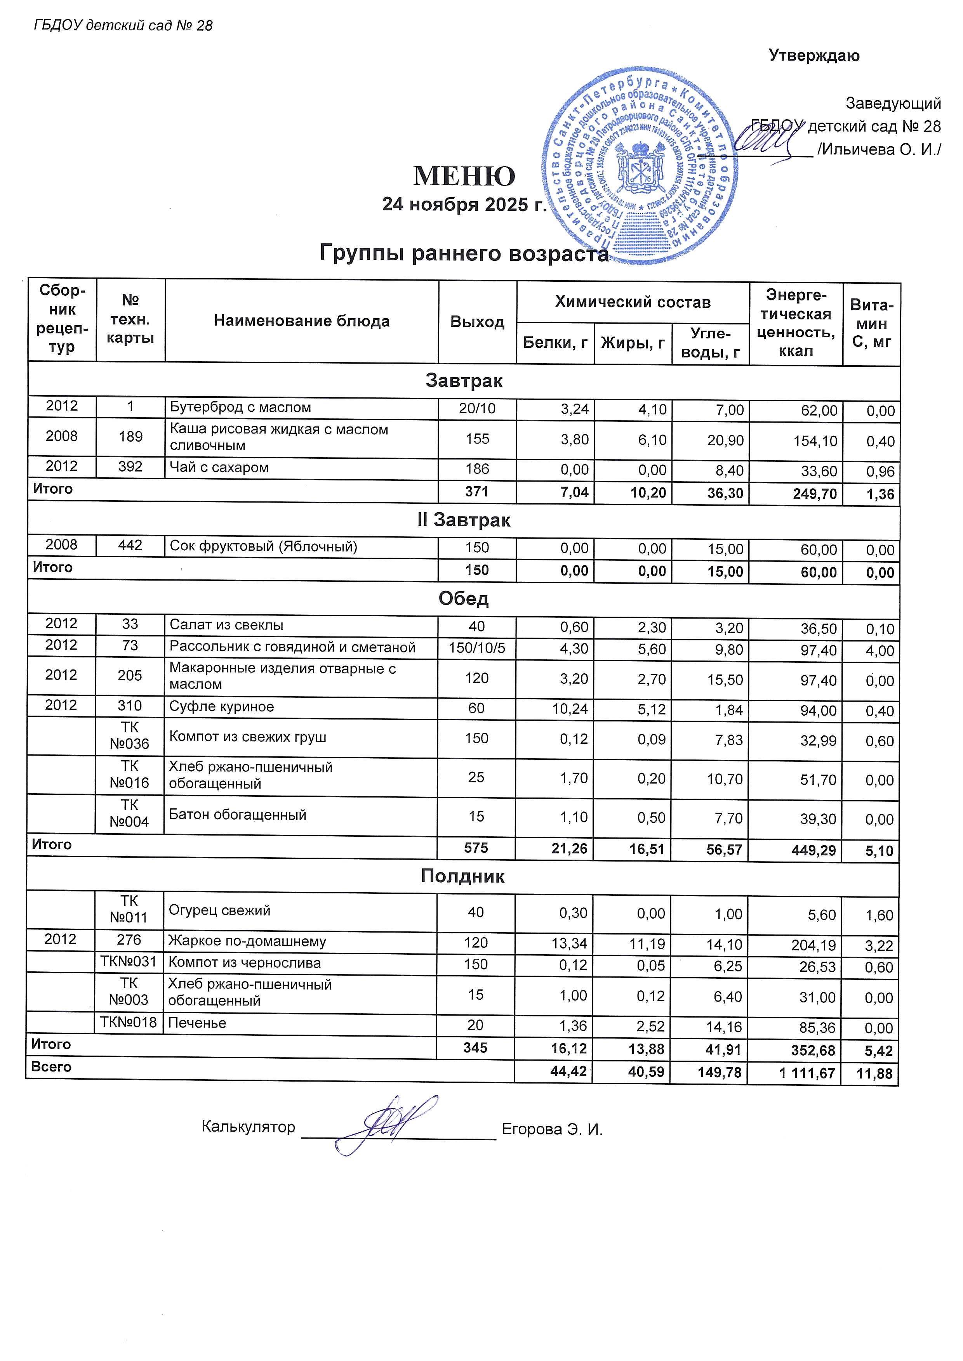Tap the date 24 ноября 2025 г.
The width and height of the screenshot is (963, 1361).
pyautogui.click(x=464, y=205)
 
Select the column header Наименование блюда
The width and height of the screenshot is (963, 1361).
pyautogui.click(x=301, y=321)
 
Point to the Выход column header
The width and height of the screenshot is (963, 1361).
pyautogui.click(x=477, y=322)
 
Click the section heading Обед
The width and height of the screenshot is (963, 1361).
pyautogui.click(x=463, y=599)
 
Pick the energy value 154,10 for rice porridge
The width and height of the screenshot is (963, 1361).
pyautogui.click(x=818, y=440)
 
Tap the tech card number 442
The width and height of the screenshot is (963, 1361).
pyautogui.click(x=130, y=545)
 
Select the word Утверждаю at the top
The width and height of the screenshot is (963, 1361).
pyautogui.click(x=814, y=56)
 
